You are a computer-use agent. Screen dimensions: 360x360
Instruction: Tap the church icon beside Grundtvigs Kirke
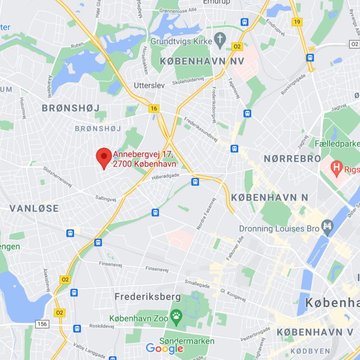coord(220,39)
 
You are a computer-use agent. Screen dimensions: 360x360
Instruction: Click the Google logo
coord(164,348)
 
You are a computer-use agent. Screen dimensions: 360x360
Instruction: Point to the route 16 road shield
coord(153,109)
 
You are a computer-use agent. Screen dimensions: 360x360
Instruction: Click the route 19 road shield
coord(297,21)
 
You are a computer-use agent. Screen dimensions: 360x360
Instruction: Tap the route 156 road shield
coord(42,324)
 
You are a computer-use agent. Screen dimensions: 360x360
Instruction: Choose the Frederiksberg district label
coord(148,297)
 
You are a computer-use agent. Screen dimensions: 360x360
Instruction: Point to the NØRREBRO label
coord(292,159)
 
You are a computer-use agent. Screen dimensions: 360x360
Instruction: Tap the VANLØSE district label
coord(34,208)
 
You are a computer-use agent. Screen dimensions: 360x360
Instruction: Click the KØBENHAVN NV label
coord(202,62)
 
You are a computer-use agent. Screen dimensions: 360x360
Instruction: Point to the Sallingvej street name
coord(105,198)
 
